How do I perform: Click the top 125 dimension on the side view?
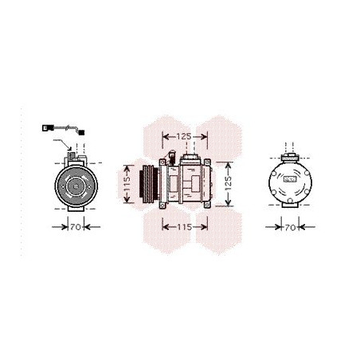pyautogui.click(x=183, y=136)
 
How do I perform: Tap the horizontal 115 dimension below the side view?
pyautogui.click(x=184, y=228)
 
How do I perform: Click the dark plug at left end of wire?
pyautogui.click(x=45, y=127)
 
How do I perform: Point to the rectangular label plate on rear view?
pyautogui.click(x=291, y=180)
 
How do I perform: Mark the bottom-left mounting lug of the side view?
pyautogui.click(x=164, y=208)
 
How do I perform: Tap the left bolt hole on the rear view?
pyautogui.click(x=273, y=180)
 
